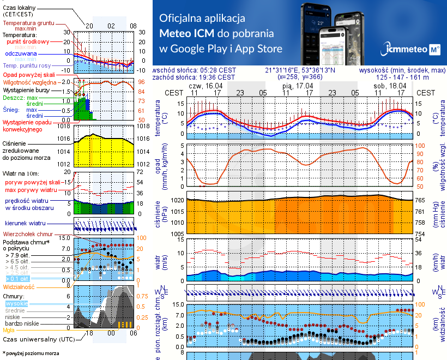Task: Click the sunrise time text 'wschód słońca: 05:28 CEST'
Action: point(195,70)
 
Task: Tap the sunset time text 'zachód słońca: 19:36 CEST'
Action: point(195,77)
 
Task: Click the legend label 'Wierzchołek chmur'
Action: point(27,233)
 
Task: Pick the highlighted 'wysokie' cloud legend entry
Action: point(17,303)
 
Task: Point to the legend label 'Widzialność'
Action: point(19,286)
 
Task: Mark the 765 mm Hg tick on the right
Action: point(421,201)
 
